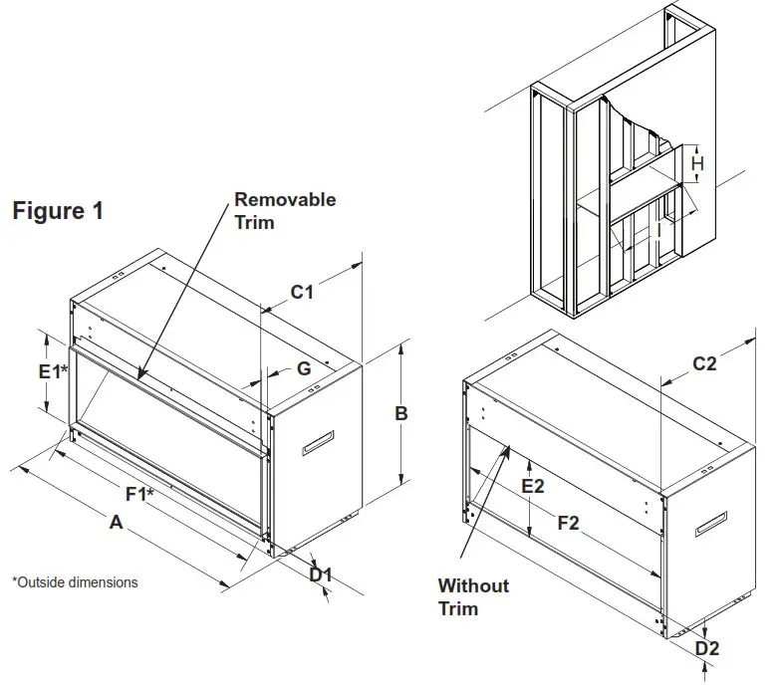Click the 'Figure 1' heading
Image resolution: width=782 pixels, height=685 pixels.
click(57, 211)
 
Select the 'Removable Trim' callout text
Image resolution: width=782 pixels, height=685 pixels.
click(284, 210)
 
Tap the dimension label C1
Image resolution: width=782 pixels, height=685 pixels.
click(302, 292)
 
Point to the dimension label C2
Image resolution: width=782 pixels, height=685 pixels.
click(704, 364)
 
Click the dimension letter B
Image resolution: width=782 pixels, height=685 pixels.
click(401, 413)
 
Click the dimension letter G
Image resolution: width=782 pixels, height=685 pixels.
click(304, 368)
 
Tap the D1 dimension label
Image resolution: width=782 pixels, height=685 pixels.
click(320, 575)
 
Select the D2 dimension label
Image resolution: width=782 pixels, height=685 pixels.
click(706, 648)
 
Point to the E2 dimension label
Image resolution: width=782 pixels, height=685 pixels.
click(533, 486)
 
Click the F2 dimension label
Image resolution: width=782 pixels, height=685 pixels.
click(568, 523)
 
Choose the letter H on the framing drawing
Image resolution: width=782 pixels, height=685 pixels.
click(698, 163)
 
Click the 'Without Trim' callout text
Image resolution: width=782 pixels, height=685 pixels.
click(473, 596)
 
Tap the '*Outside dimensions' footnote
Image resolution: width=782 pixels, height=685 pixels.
click(75, 581)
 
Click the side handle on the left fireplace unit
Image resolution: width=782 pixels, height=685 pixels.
click(319, 443)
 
